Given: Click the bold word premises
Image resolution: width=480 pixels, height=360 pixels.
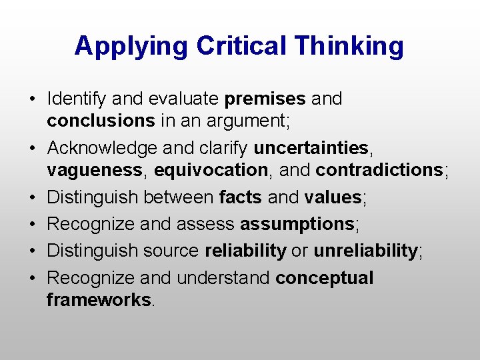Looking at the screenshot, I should pyautogui.click(x=265, y=99).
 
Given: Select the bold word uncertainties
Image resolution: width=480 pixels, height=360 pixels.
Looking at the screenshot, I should pyautogui.click(x=311, y=147).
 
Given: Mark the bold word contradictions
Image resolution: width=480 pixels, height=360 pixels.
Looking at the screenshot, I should pyautogui.click(x=379, y=170).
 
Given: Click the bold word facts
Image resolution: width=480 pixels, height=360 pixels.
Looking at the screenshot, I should pyautogui.click(x=241, y=197).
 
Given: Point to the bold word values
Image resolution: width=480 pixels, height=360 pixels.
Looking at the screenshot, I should pyautogui.click(x=332, y=197).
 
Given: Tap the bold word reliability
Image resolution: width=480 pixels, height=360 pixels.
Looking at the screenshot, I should pyautogui.click(x=245, y=251).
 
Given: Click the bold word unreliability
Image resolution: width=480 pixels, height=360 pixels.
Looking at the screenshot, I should pyautogui.click(x=365, y=251).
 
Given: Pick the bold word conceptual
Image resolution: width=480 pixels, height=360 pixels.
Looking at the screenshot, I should pyautogui.click(x=324, y=278).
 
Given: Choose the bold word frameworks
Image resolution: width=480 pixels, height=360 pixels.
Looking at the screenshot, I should pyautogui.click(x=99, y=300).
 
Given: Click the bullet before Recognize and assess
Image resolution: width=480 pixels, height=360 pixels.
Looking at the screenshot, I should pyautogui.click(x=32, y=225).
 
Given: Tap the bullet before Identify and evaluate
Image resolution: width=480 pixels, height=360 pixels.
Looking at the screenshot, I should pyautogui.click(x=32, y=100).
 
